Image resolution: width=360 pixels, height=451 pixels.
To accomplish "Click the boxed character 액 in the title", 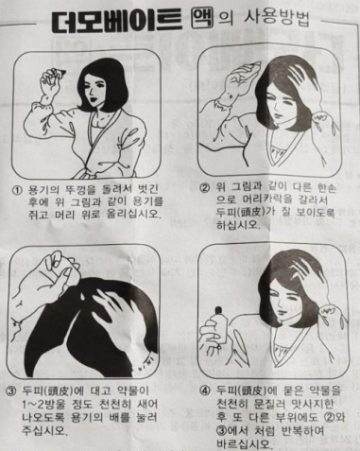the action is coord(202,17).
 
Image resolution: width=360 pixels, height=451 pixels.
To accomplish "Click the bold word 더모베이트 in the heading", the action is coord(117,20).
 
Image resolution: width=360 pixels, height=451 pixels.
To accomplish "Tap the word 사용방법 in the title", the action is coord(277,18).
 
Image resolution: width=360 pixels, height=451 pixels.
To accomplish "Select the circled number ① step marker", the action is coord(17,190).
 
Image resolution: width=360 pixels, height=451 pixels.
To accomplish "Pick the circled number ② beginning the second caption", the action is coord(204,188).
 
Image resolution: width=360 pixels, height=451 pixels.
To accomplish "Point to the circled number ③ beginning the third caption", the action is coord(11,391).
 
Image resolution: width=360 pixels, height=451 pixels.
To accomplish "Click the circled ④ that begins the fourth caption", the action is coord(205,390).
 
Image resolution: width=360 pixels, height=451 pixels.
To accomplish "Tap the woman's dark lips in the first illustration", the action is coord(94,98).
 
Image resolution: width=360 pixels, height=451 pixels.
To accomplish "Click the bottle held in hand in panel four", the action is coord(220,324).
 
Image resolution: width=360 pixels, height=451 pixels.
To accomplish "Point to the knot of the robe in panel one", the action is coord(84,172).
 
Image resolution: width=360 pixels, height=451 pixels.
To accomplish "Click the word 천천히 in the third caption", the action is coord(108,405).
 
